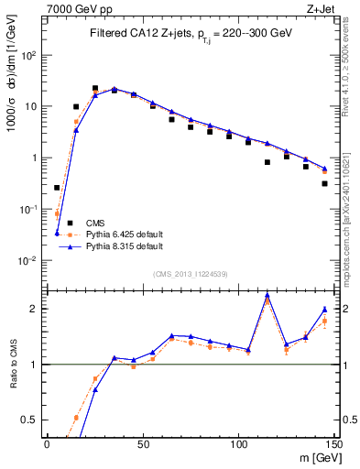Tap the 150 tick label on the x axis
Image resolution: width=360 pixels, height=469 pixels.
coord(334,443)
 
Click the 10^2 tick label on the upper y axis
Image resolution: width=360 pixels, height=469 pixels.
coord(28,55)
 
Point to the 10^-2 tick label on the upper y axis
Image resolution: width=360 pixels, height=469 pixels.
coord(28,260)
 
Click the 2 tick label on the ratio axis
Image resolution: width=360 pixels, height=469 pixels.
coord(33,309)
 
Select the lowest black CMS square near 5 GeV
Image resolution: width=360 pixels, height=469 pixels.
coord(57,188)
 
